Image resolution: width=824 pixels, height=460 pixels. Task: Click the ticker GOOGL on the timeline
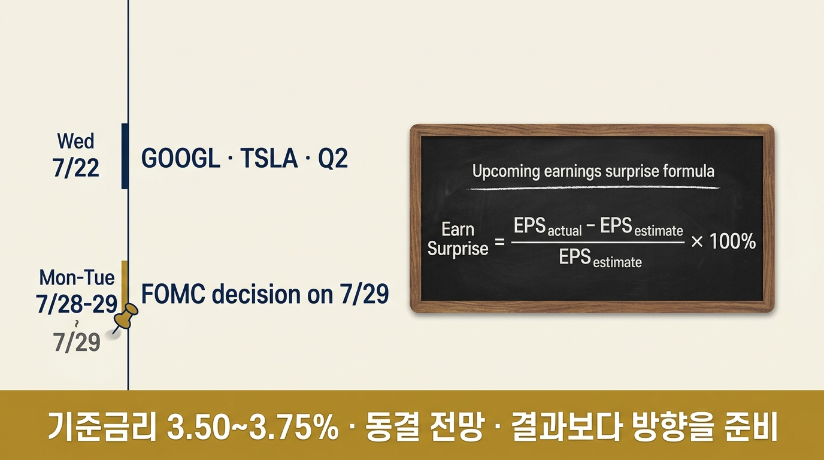coord(181,158)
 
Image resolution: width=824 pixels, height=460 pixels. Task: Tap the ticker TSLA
coord(268,158)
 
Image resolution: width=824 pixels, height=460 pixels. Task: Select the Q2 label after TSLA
coord(332,158)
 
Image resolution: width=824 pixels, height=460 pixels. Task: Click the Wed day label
coord(76,141)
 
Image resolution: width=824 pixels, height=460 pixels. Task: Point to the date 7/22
coord(76,168)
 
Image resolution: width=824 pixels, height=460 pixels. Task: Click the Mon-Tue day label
coord(77,277)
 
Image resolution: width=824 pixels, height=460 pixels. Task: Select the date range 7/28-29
coord(77,304)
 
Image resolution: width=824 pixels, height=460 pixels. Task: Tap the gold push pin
coord(125,317)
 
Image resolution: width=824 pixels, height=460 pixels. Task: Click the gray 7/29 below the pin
coord(77,342)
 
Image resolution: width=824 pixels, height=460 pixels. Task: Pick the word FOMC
coord(173,294)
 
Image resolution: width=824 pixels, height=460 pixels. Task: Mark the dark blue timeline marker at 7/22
coord(125,156)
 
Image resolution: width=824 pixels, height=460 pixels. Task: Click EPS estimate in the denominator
coord(601,258)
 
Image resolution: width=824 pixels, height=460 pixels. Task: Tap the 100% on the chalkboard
coord(732,242)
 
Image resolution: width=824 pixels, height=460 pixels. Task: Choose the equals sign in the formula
coord(499,242)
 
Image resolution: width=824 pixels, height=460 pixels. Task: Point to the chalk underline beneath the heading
coord(593,189)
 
